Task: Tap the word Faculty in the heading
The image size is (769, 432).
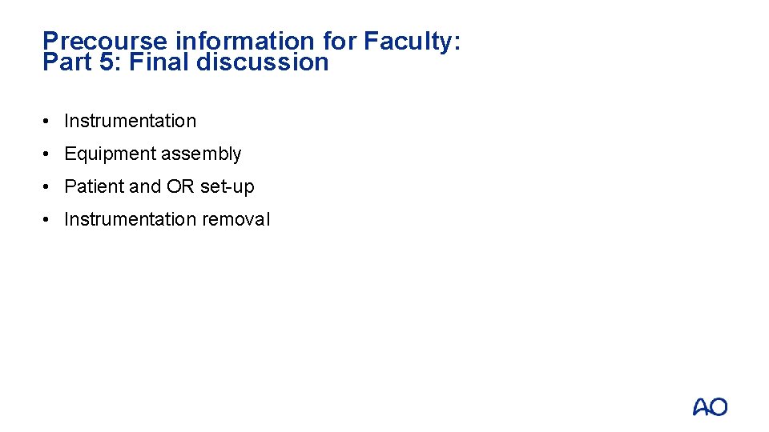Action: (x=409, y=42)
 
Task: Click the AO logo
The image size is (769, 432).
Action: (x=711, y=407)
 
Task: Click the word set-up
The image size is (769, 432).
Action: (x=227, y=187)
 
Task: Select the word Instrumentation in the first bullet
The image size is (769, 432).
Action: (x=130, y=121)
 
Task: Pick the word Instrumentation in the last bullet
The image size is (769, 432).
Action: (x=130, y=219)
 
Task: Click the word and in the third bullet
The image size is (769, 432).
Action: (x=145, y=186)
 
